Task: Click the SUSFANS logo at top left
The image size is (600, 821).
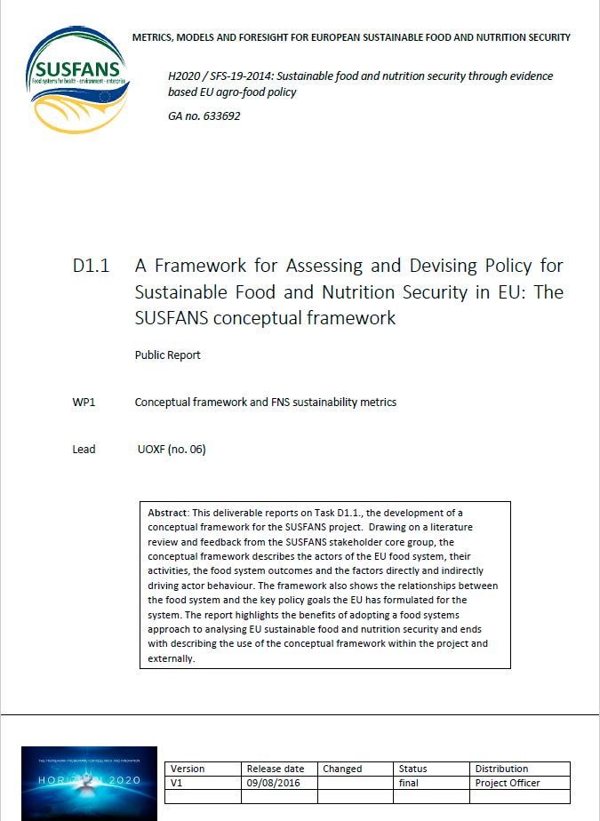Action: pyautogui.click(x=77, y=77)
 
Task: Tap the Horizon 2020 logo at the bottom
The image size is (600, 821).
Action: pyautogui.click(x=89, y=783)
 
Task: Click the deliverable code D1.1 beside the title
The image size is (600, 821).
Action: pyautogui.click(x=91, y=266)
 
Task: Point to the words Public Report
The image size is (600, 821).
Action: pyautogui.click(x=167, y=355)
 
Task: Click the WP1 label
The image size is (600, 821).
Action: pyautogui.click(x=84, y=402)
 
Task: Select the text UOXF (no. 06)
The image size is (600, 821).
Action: pyautogui.click(x=172, y=449)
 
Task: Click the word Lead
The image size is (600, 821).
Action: pyautogui.click(x=84, y=449)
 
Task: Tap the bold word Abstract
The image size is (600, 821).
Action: pyautogui.click(x=166, y=513)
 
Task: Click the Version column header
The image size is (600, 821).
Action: pyautogui.click(x=188, y=769)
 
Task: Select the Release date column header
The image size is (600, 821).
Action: pyautogui.click(x=275, y=769)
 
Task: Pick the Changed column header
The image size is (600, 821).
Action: pyautogui.click(x=342, y=769)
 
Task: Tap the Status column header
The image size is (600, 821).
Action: pyautogui.click(x=412, y=769)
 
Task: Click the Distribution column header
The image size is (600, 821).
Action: pyautogui.click(x=501, y=769)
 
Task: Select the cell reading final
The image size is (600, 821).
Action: pyautogui.click(x=410, y=783)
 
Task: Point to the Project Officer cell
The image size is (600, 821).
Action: pyautogui.click(x=508, y=783)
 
